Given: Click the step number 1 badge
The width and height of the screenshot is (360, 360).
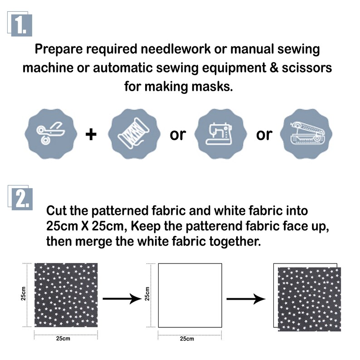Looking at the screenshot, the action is tap(20, 24).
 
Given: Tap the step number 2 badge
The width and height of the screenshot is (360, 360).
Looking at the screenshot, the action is tap(20, 198).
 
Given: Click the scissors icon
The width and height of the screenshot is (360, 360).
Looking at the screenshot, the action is tap(51, 134).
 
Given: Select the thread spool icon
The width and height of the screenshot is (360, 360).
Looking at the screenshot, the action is tap(134, 134).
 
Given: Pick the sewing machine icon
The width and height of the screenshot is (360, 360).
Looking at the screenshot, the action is tap(220, 134).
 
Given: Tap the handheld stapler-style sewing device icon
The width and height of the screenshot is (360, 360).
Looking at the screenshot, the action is tap(306, 134).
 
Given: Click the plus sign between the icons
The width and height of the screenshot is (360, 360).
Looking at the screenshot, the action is tap(91, 134).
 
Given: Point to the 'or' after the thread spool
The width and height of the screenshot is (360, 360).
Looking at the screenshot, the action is tap(177, 135).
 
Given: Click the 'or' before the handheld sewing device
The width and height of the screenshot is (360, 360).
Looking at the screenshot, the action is tap(264, 135).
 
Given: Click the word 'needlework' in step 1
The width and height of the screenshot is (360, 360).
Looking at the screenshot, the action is tap(175, 49).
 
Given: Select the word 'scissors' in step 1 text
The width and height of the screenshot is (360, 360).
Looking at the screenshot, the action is tap(307, 68).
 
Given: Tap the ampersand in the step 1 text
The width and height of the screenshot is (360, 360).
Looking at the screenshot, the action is tap(274, 68).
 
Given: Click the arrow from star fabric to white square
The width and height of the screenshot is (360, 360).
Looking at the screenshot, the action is tap(122, 298).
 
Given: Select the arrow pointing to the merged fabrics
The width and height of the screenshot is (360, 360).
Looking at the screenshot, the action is tap(246, 299).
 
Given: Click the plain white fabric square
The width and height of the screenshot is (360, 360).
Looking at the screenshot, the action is tap(190, 296).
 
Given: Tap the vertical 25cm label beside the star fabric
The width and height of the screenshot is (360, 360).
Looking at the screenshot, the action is tap(23, 293).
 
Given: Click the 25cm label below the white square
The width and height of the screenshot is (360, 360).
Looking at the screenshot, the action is tap(187, 339).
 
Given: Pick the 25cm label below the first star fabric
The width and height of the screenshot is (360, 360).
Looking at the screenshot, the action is tap(63, 338).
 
